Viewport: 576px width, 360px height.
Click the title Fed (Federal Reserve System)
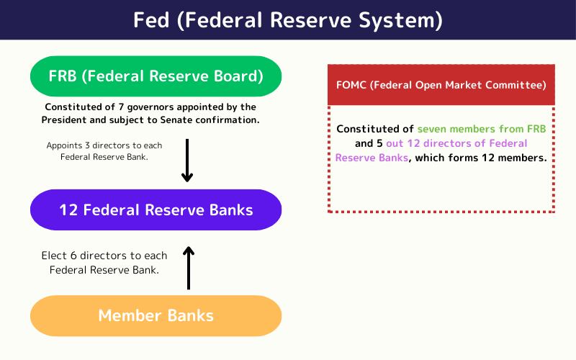coord(288,20)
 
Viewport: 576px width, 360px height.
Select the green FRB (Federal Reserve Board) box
coord(156,76)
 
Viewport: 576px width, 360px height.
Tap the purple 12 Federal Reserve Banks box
coord(156,210)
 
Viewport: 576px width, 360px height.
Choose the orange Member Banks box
coord(156,315)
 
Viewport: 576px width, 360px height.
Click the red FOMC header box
coord(441,85)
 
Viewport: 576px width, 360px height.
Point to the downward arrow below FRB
coord(187,160)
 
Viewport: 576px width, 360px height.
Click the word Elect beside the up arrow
coord(55,256)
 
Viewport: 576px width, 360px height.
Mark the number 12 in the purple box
coord(68,210)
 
